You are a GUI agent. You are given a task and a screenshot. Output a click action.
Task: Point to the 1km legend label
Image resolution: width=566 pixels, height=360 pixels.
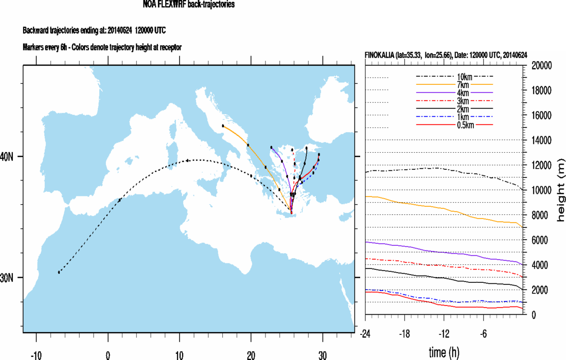(x=464, y=117)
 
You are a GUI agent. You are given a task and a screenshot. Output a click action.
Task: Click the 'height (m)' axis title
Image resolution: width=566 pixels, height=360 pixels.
(x=560, y=190)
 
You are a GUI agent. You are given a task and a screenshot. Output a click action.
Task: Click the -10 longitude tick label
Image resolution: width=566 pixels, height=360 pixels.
(x=36, y=355)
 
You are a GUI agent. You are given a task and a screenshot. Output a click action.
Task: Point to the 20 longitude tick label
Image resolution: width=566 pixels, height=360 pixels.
(x=251, y=355)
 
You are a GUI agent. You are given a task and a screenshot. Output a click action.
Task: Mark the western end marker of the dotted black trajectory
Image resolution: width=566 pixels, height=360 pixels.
(x=59, y=272)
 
